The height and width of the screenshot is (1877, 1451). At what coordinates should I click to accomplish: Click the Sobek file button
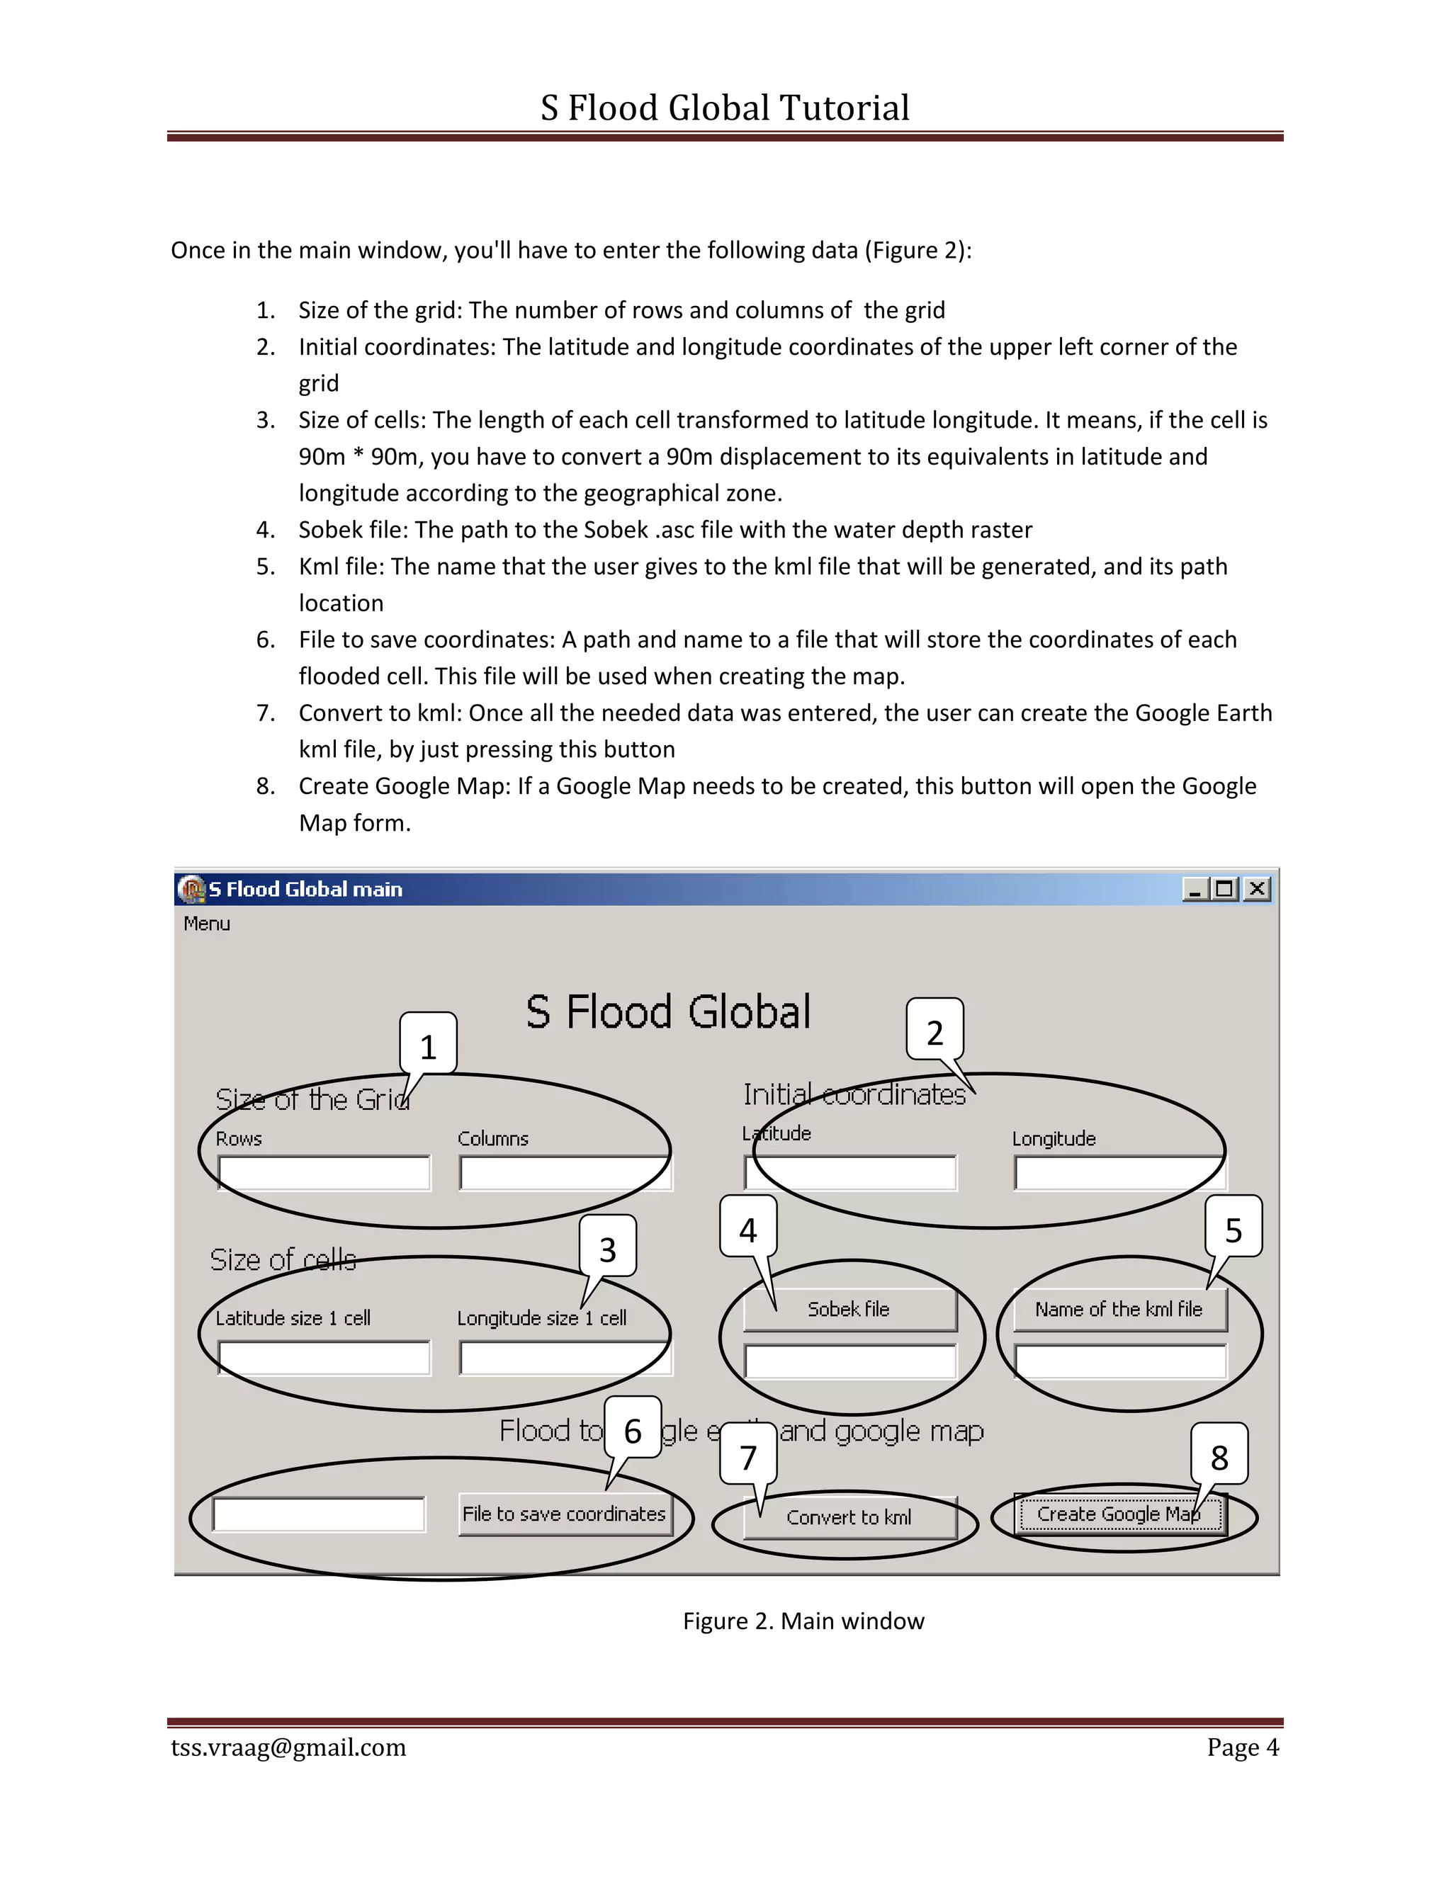click(849, 1309)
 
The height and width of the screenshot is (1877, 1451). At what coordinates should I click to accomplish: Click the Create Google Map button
click(1119, 1514)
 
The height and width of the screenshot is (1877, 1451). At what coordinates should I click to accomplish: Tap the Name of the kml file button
click(1119, 1309)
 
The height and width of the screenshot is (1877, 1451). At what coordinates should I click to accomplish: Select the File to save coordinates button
click(564, 1514)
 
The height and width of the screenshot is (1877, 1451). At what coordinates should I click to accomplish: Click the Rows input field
click(324, 1173)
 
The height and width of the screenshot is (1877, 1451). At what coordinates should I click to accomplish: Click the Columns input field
click(565, 1173)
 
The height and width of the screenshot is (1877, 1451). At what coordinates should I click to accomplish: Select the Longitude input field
click(1119, 1173)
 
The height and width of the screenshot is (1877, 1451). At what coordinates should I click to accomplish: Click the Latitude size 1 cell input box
click(324, 1358)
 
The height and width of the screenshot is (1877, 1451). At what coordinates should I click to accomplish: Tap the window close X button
click(1257, 889)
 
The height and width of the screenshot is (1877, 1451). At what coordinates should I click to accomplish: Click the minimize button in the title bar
click(1195, 889)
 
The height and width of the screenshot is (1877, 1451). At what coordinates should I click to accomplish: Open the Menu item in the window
click(206, 924)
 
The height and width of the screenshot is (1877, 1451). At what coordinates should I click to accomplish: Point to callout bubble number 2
click(935, 1031)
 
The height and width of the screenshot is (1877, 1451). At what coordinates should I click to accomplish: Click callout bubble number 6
click(633, 1430)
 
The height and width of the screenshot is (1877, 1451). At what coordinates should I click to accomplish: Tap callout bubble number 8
click(1219, 1456)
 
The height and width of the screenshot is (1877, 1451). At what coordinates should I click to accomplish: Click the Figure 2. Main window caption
click(803, 1621)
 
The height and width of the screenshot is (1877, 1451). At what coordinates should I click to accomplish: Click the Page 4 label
click(1242, 1747)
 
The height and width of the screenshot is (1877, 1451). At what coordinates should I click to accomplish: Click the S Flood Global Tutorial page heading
click(725, 108)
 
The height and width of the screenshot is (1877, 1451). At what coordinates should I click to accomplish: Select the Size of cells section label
click(283, 1260)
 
